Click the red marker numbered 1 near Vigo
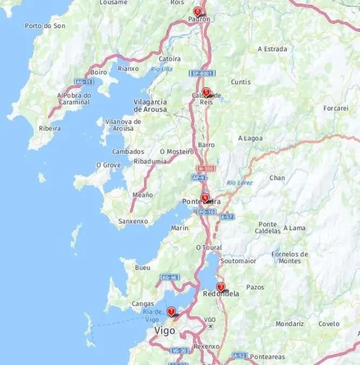(x=171, y=312)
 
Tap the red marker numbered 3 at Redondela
(x=220, y=287)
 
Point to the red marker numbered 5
(x=206, y=92)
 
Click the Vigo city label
(x=165, y=330)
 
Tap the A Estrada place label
(x=272, y=49)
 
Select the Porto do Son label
(x=45, y=25)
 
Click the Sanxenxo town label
(x=133, y=221)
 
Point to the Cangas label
(x=143, y=304)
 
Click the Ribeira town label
(x=50, y=128)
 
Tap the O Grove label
(x=108, y=164)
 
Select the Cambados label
(x=128, y=151)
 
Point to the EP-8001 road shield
(x=202, y=73)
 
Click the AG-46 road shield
(x=169, y=277)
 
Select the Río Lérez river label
(x=240, y=183)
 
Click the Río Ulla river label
(x=161, y=68)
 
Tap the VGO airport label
(x=210, y=320)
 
